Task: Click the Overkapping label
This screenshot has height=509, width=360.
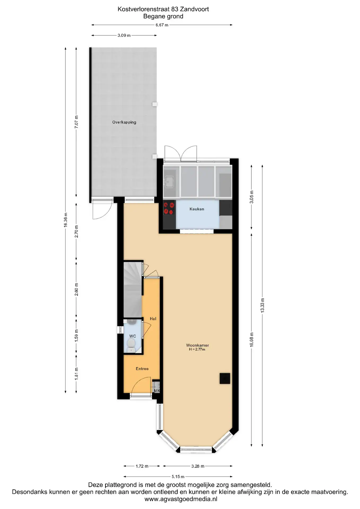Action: (124, 122)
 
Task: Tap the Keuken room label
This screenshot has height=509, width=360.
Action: (197, 209)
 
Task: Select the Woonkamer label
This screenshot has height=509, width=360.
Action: (197, 345)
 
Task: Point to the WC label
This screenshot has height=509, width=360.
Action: (133, 336)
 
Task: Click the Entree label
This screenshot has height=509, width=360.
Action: (142, 369)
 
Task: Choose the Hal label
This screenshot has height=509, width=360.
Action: (153, 319)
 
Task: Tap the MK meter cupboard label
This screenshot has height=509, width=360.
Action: (157, 391)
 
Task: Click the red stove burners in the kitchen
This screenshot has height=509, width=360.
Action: (169, 208)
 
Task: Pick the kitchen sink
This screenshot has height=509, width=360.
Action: (169, 182)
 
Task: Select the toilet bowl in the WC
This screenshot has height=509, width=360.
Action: (131, 344)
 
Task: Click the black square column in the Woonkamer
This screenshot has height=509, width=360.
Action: (225, 378)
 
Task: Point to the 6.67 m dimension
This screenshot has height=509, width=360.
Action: (162, 25)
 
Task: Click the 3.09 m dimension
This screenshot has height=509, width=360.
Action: (124, 35)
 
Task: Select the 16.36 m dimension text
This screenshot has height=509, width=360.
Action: (65, 220)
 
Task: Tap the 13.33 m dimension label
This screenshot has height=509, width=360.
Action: (262, 305)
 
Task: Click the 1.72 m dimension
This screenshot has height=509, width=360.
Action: (142, 466)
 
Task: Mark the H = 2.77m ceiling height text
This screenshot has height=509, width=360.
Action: (197, 349)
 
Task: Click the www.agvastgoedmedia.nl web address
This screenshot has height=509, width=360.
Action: (181, 499)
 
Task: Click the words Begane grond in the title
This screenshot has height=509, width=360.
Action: (163, 16)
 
